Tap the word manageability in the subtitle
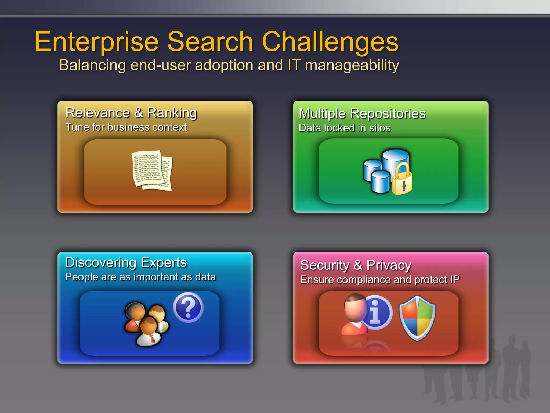[352, 65]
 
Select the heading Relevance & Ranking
[131, 113]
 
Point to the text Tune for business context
[126, 127]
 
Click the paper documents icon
[152, 170]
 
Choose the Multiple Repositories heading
[362, 113]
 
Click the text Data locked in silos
[344, 128]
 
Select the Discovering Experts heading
[126, 262]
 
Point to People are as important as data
[140, 277]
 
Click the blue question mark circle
[188, 307]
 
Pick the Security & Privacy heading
[356, 265]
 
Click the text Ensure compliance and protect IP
[380, 280]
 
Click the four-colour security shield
[417, 318]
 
